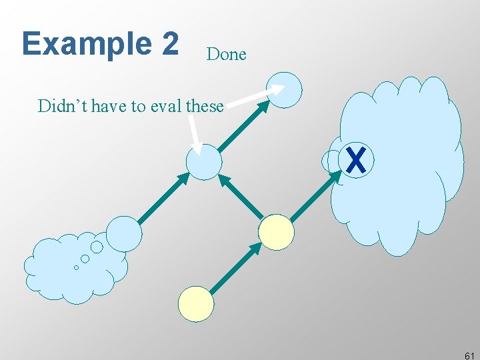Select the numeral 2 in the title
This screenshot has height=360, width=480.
pos(169,43)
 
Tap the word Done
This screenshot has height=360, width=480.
pos(226,54)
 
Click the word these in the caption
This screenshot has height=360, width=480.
pos(205,105)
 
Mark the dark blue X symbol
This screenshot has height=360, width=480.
pos(357,160)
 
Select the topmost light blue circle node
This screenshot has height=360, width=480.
pos(284,90)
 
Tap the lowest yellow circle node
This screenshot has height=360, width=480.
pos(196,304)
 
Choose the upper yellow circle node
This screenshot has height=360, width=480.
pos(276,232)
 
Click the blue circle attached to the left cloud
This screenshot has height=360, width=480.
pos(124,233)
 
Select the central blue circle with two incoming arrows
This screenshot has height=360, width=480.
pos(204,162)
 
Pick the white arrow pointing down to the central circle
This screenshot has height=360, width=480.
pos(194,137)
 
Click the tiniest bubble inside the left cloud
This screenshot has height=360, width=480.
pos(76,267)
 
